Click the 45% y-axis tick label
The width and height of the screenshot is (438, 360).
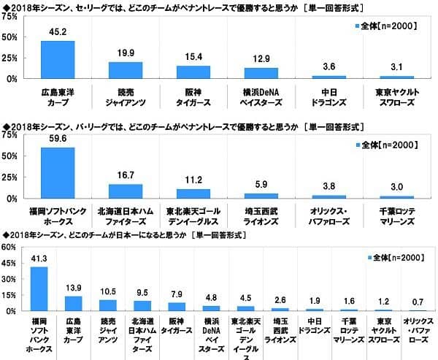tap(12, 263)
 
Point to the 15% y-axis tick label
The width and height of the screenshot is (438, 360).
tap(12, 295)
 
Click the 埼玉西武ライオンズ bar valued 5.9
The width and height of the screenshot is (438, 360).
tap(261, 196)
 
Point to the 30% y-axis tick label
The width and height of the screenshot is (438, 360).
tap(12, 279)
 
